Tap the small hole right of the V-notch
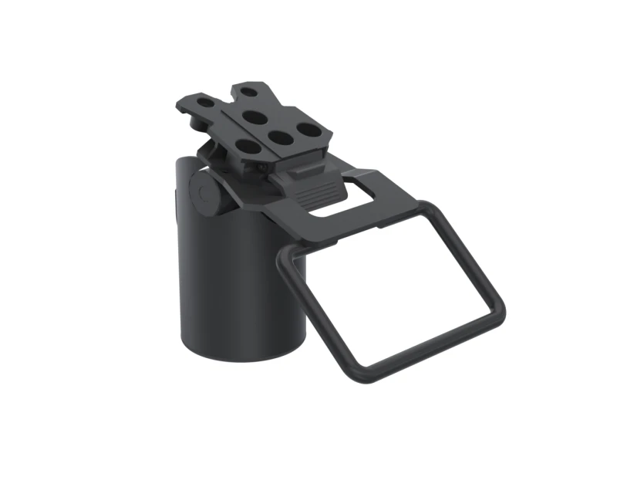[248, 91]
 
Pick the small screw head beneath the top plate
[265, 165]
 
